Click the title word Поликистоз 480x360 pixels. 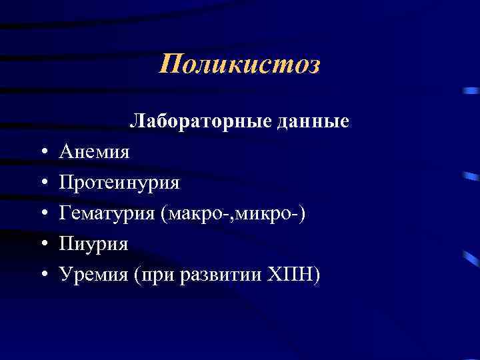click(x=240, y=65)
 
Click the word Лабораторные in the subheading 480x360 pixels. click(x=189, y=121)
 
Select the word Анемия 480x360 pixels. click(x=94, y=152)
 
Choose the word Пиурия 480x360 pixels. click(x=93, y=244)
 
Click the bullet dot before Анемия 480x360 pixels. click(x=42, y=153)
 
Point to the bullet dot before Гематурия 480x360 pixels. click(x=42, y=214)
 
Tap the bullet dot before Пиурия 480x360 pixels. click(x=42, y=245)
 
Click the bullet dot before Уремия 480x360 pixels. click(x=42, y=275)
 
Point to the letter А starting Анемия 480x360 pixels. click(x=65, y=152)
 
